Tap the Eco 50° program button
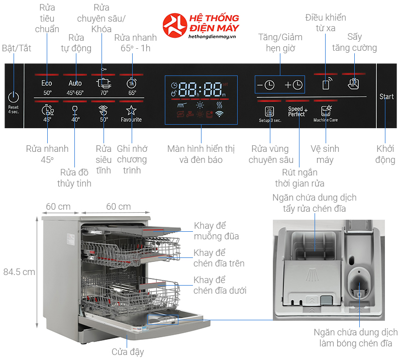point(47,87)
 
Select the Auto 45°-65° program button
point(75,87)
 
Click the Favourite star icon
point(131,110)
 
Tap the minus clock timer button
point(266,85)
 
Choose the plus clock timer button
point(293,85)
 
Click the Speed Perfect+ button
point(297,112)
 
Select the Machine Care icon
point(326,111)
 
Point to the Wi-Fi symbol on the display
point(219,114)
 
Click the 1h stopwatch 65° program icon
point(132,82)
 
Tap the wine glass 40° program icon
point(75,110)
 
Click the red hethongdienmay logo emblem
point(175,26)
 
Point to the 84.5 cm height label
point(19,272)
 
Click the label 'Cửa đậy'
point(128,352)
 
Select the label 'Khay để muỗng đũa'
point(216,231)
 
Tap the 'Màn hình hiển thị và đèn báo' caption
point(201,154)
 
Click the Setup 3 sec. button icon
point(269,111)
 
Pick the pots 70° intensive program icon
point(104,82)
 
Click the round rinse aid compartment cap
point(359,284)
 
